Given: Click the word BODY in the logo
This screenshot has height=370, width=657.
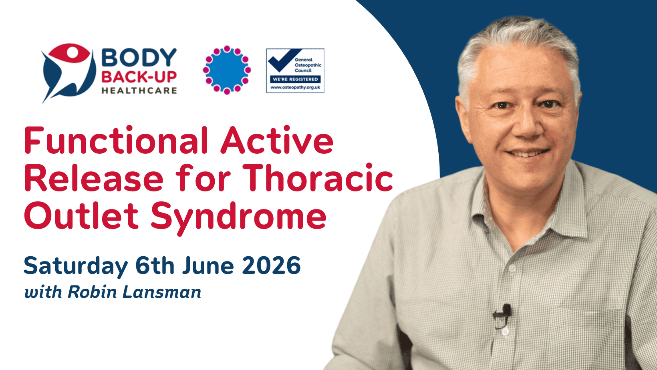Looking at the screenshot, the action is pos(139,57).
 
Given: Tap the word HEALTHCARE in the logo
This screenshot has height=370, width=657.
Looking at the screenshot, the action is pos(139,90).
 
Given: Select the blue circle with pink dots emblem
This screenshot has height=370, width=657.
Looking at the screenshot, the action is pos(227,70).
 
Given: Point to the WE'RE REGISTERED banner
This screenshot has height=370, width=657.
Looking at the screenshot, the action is pos(295,79).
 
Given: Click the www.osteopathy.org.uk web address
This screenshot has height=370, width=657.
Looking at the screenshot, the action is pos(295,87).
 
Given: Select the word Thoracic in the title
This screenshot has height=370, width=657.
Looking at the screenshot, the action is pos(318,178).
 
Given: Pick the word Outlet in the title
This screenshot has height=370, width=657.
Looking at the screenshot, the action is pos(81,215).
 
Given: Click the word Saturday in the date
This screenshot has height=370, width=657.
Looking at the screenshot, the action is pos(76,266).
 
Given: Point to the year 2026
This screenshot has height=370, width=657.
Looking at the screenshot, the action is pos(272,265).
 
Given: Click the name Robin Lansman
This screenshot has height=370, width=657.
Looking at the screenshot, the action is pos(134,292).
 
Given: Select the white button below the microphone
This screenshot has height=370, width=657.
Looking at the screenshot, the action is pos(505,332).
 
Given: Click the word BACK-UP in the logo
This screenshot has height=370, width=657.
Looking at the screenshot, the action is pos(139,77).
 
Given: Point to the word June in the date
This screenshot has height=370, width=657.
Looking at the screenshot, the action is pos(208,265).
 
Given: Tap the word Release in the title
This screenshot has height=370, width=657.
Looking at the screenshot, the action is pos(94,178).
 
